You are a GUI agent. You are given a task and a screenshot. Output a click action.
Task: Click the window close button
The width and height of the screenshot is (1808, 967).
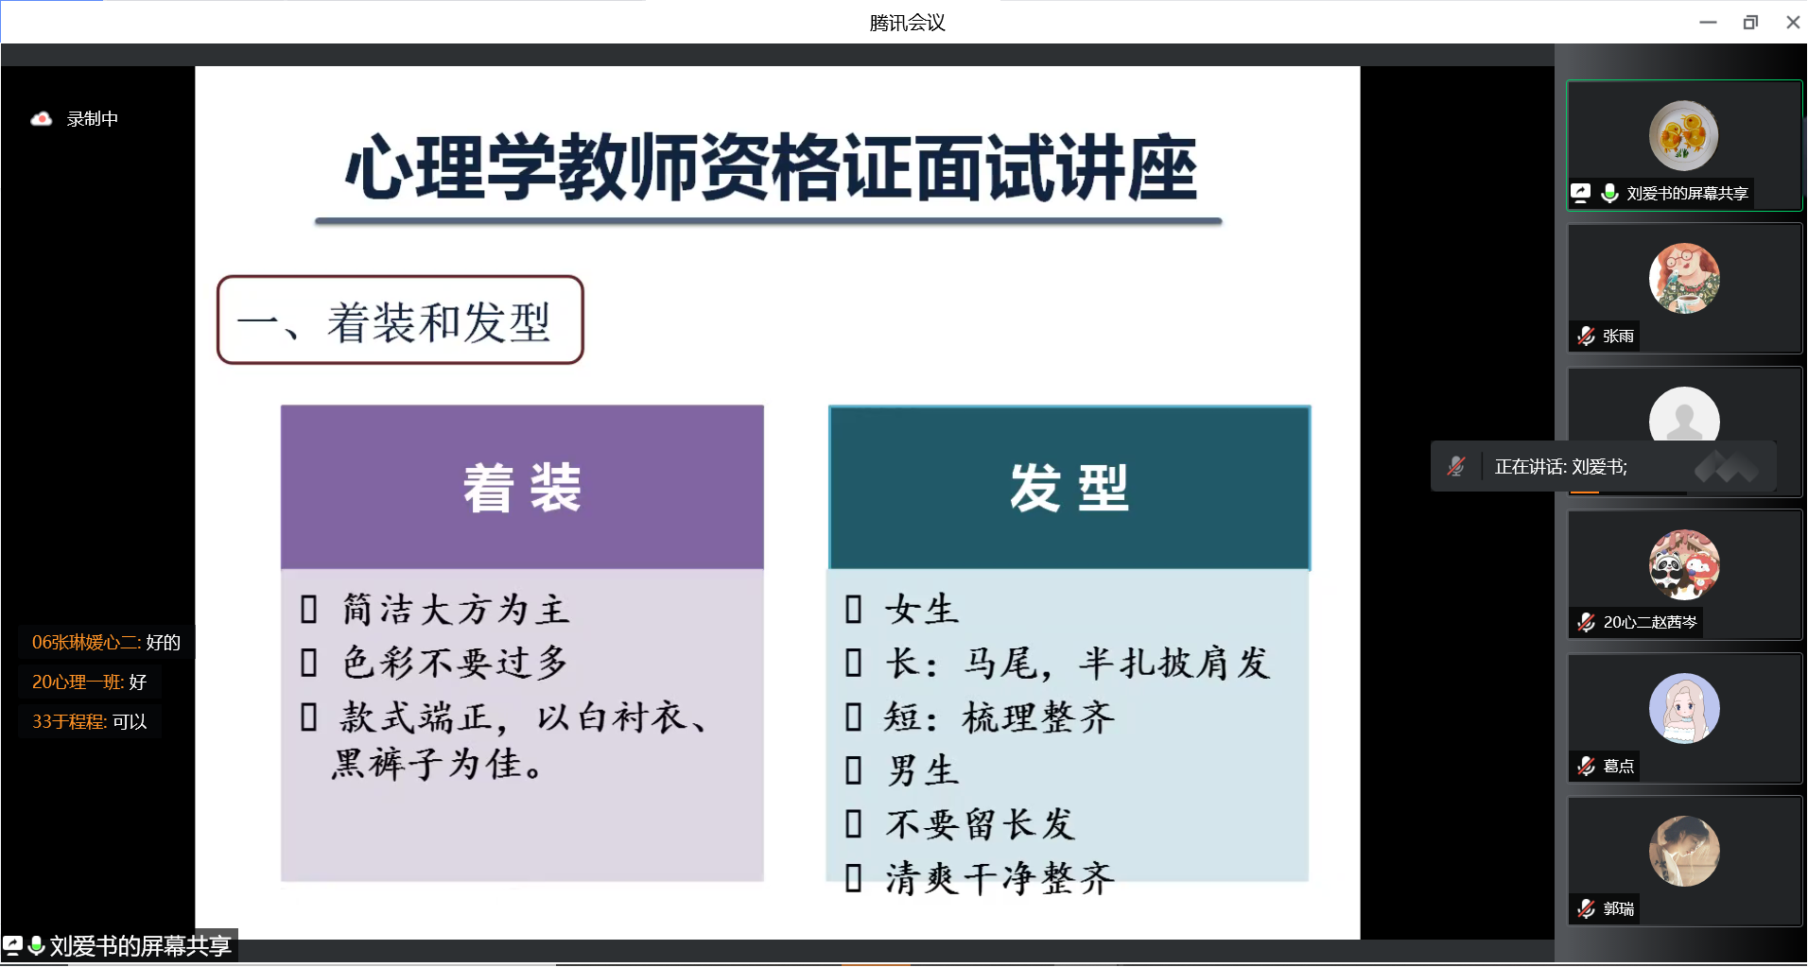point(1792,23)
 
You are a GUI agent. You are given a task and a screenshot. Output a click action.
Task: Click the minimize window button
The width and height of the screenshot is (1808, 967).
point(1708,23)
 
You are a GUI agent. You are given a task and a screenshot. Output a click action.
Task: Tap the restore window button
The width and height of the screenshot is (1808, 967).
point(1750,23)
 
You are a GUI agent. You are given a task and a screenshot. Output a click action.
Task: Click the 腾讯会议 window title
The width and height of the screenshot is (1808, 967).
point(907,23)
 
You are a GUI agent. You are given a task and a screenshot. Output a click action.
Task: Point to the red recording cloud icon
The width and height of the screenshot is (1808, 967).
point(41,119)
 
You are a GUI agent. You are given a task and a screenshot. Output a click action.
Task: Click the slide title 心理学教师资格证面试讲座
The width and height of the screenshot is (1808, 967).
point(771,167)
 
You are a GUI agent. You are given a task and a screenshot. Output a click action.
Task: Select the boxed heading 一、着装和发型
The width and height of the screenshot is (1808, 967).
point(400,320)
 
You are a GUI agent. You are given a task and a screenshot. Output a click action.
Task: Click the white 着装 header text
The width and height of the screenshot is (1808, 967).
point(522,488)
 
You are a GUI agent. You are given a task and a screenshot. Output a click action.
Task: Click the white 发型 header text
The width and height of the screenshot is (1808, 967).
point(1069,488)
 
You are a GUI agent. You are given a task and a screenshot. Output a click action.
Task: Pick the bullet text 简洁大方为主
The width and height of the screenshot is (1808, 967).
point(456,610)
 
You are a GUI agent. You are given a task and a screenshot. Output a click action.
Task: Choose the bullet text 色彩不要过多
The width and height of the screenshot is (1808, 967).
point(455,663)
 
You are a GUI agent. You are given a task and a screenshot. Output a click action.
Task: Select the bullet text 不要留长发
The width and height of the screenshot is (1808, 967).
point(981,824)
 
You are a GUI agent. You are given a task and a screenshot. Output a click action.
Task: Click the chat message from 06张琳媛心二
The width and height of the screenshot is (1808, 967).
point(106,643)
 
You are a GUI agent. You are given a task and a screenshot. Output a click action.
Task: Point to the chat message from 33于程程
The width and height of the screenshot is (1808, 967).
point(90,722)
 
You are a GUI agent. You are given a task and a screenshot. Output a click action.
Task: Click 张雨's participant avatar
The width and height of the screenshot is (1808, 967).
point(1684,279)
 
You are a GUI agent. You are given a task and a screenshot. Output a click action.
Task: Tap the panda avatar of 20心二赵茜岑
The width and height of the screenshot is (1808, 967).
point(1684,564)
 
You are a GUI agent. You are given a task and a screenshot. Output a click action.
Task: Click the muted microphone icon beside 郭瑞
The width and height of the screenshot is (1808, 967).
point(1586,908)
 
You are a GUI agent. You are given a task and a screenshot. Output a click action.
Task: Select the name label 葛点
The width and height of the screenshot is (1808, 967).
point(1619,766)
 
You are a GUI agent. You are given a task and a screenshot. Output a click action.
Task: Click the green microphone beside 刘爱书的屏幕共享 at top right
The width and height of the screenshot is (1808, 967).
point(1609,193)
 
